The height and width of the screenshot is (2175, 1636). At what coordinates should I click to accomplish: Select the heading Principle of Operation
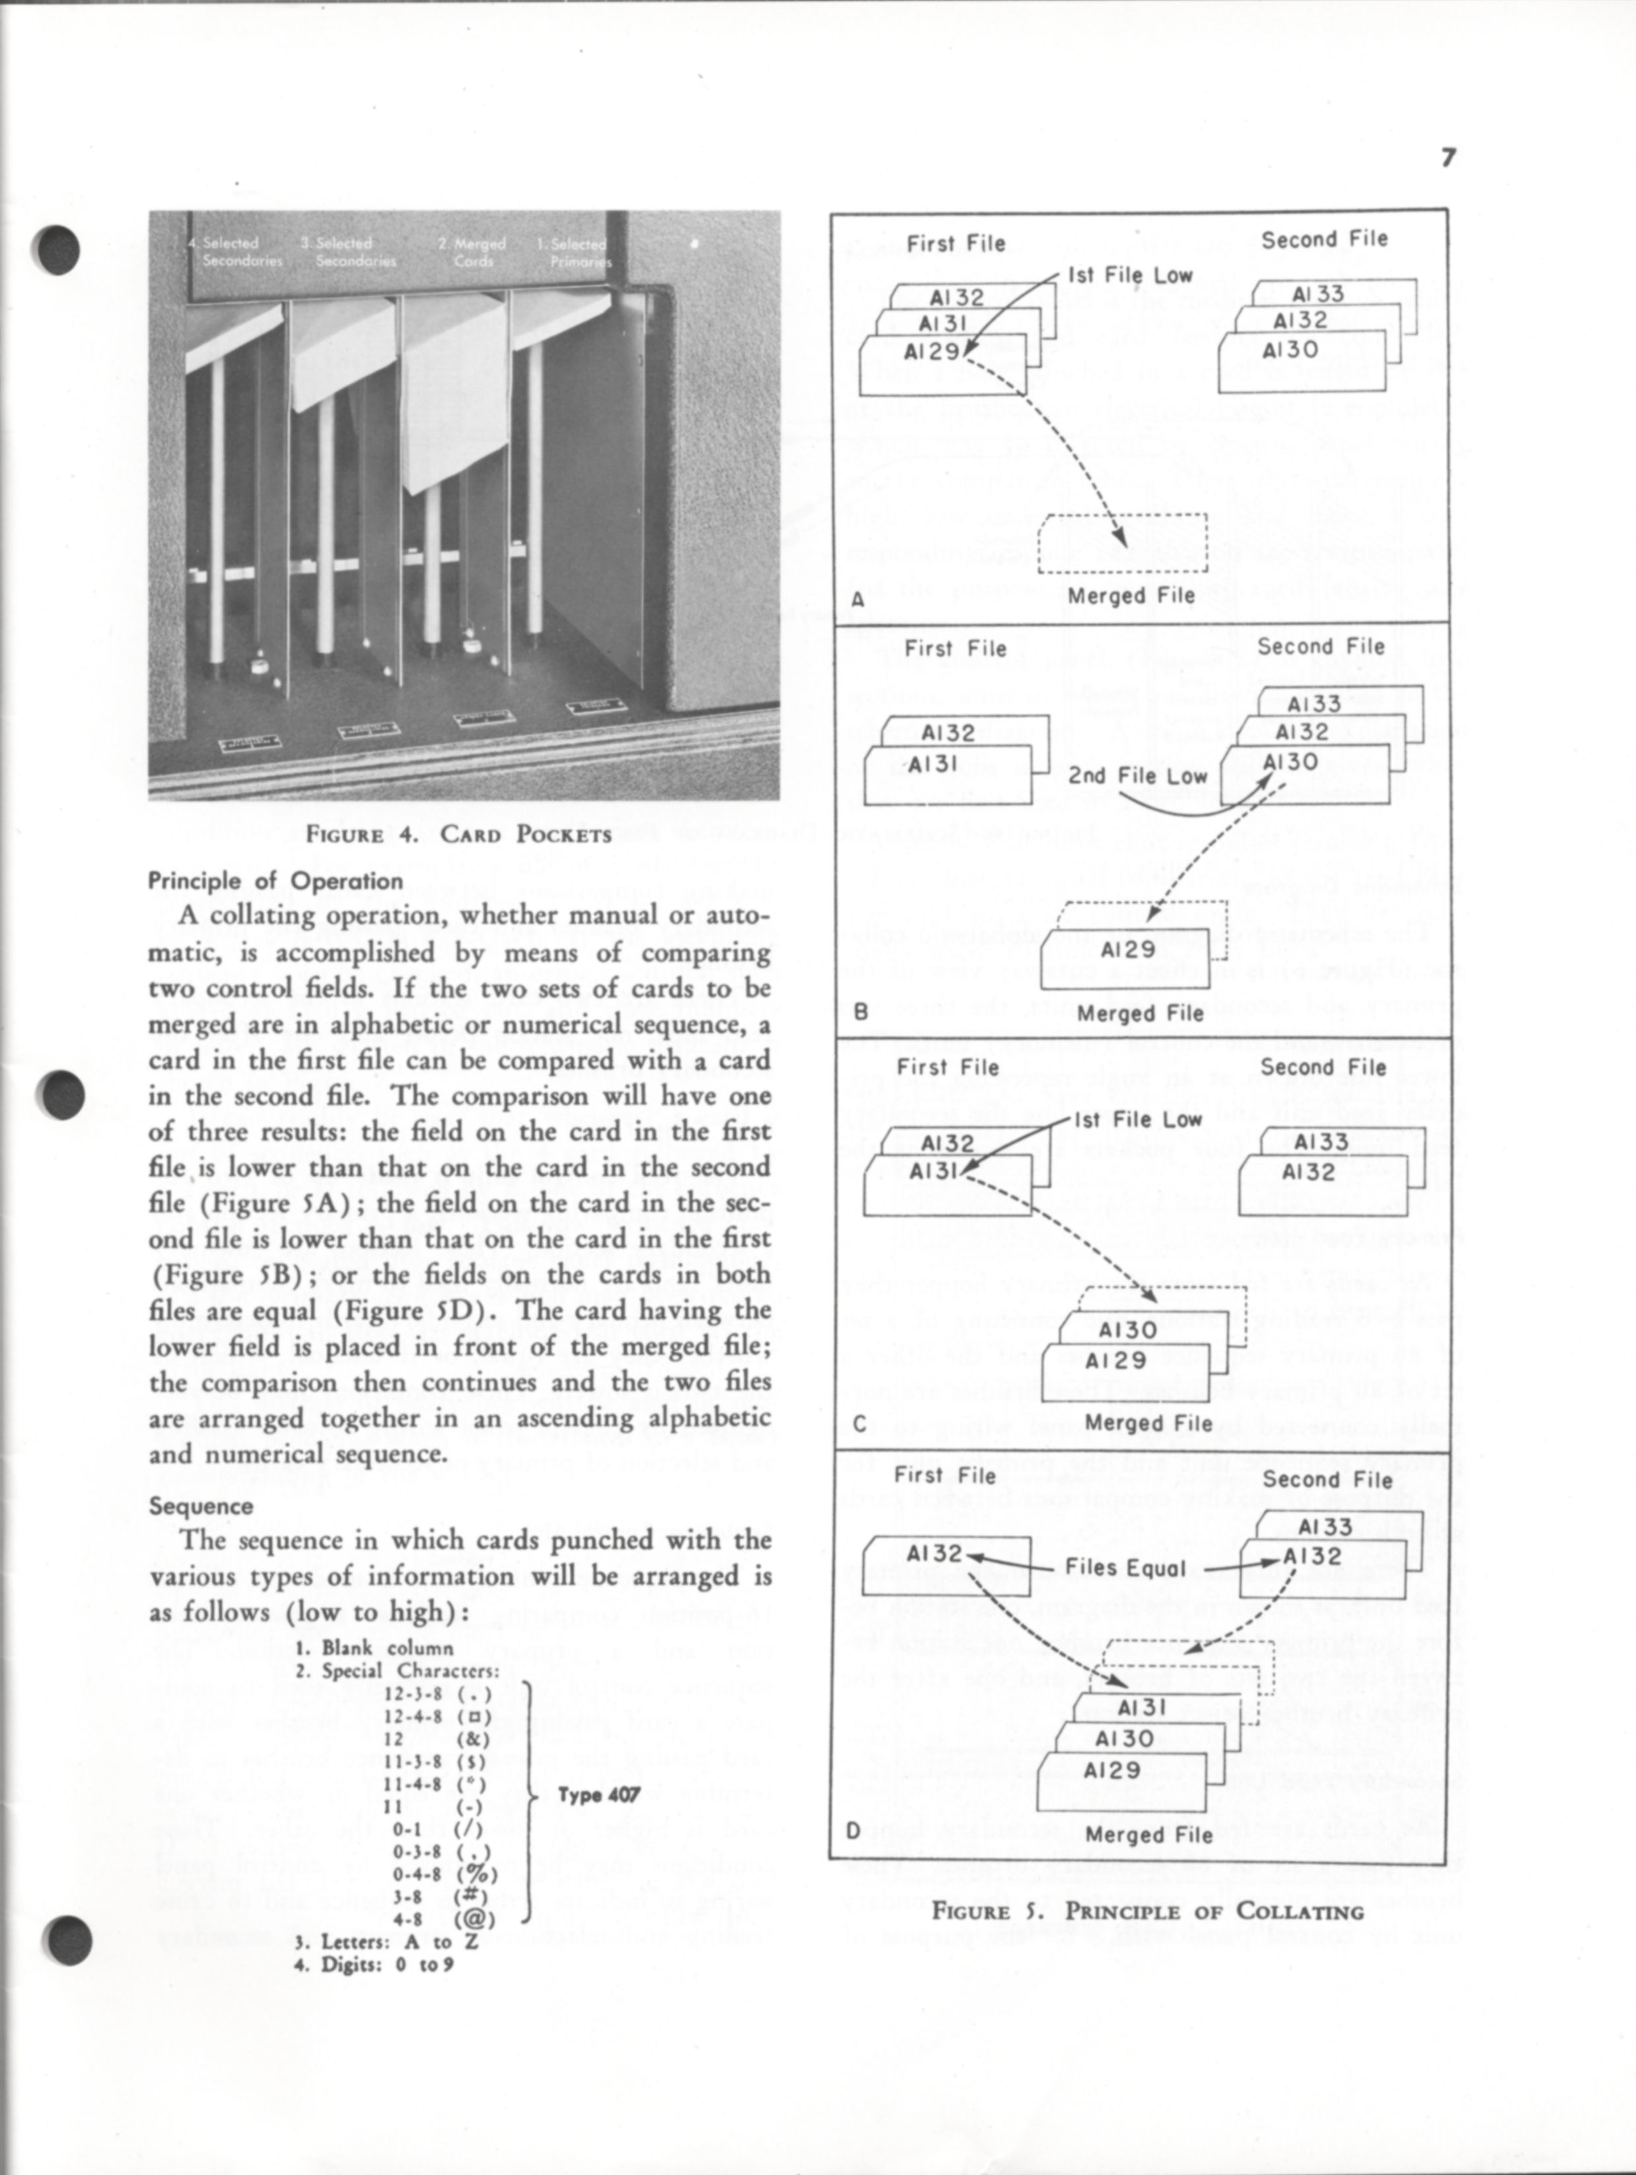point(275,881)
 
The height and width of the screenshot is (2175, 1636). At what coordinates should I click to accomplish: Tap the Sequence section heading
point(201,1507)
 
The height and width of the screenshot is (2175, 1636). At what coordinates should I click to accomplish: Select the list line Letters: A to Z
point(387,1942)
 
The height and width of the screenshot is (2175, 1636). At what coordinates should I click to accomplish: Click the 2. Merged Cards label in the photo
point(473,251)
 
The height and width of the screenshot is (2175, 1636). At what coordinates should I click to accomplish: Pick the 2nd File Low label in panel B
point(1137,776)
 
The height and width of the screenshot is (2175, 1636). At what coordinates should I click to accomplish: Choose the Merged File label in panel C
point(1148,1423)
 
